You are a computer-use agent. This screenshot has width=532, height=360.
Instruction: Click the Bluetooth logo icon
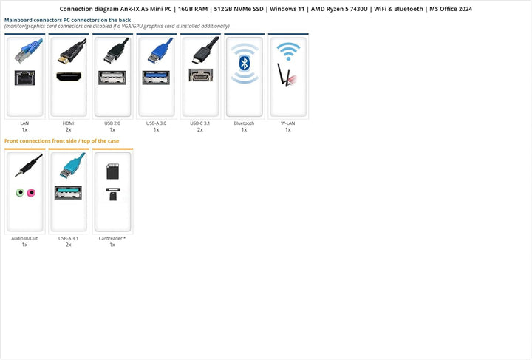(245, 64)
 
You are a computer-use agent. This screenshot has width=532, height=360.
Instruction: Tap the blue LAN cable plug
(29, 50)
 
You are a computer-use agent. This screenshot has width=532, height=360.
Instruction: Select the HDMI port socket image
(69, 77)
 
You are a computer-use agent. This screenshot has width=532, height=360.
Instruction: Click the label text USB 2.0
(112, 123)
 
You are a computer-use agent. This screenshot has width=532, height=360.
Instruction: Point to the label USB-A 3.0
(156, 123)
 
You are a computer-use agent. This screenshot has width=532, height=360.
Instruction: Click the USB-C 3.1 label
(200, 123)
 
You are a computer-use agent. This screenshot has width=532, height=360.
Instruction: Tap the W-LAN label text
(288, 123)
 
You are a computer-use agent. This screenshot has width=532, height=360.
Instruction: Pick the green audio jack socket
(20, 193)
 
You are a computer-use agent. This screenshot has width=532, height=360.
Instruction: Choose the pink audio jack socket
(31, 193)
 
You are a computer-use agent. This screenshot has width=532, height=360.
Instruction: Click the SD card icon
(112, 171)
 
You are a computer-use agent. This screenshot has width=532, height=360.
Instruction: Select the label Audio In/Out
(24, 238)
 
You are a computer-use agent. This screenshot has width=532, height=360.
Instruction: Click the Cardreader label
(112, 238)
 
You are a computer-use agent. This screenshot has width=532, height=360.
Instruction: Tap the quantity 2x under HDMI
(69, 129)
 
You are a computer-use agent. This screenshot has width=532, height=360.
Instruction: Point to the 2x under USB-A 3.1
(69, 245)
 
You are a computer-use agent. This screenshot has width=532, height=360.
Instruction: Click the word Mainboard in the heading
(18, 20)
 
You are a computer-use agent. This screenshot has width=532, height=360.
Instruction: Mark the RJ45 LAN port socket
(25, 78)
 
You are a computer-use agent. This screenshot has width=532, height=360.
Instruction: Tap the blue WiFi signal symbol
(288, 51)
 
